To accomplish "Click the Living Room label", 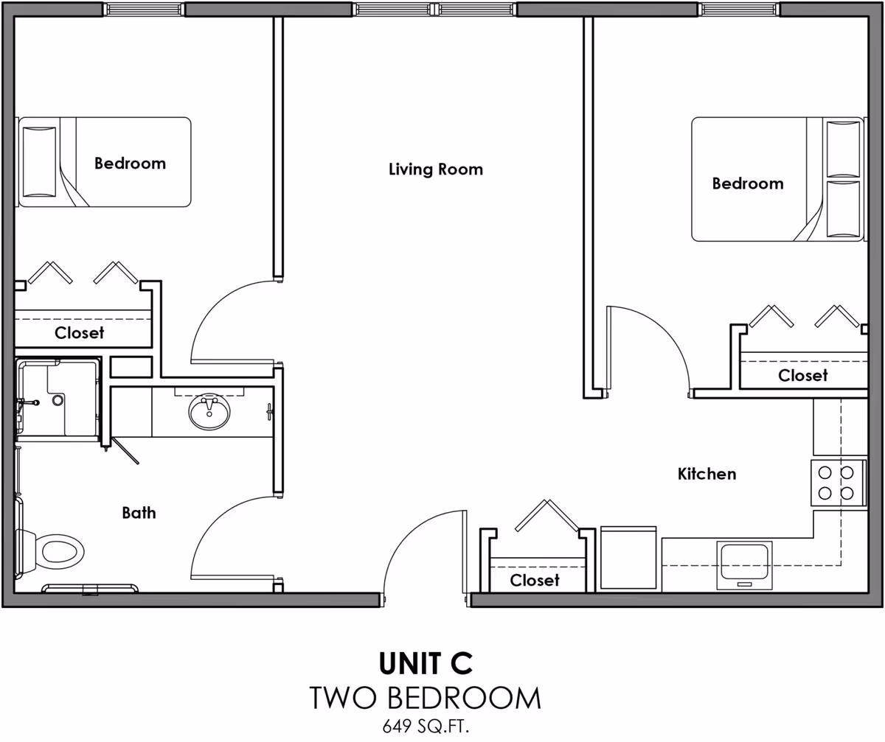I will [435, 169].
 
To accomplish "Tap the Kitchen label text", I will [707, 474].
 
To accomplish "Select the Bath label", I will [139, 512].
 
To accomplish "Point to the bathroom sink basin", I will [209, 413].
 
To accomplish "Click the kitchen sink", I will [745, 564].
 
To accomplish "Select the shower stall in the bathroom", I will [58, 400].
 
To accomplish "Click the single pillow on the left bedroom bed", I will [39, 161].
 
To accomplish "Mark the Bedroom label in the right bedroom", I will [747, 183].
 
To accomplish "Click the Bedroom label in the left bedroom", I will [130, 163].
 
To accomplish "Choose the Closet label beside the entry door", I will [535, 580].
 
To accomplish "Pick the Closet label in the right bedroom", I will [803, 375].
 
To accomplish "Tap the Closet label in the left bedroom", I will [80, 333].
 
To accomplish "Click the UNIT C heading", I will [426, 663].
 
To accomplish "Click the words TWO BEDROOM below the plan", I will [426, 697].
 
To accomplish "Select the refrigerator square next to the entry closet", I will [628, 559].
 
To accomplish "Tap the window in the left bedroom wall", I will [143, 10].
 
